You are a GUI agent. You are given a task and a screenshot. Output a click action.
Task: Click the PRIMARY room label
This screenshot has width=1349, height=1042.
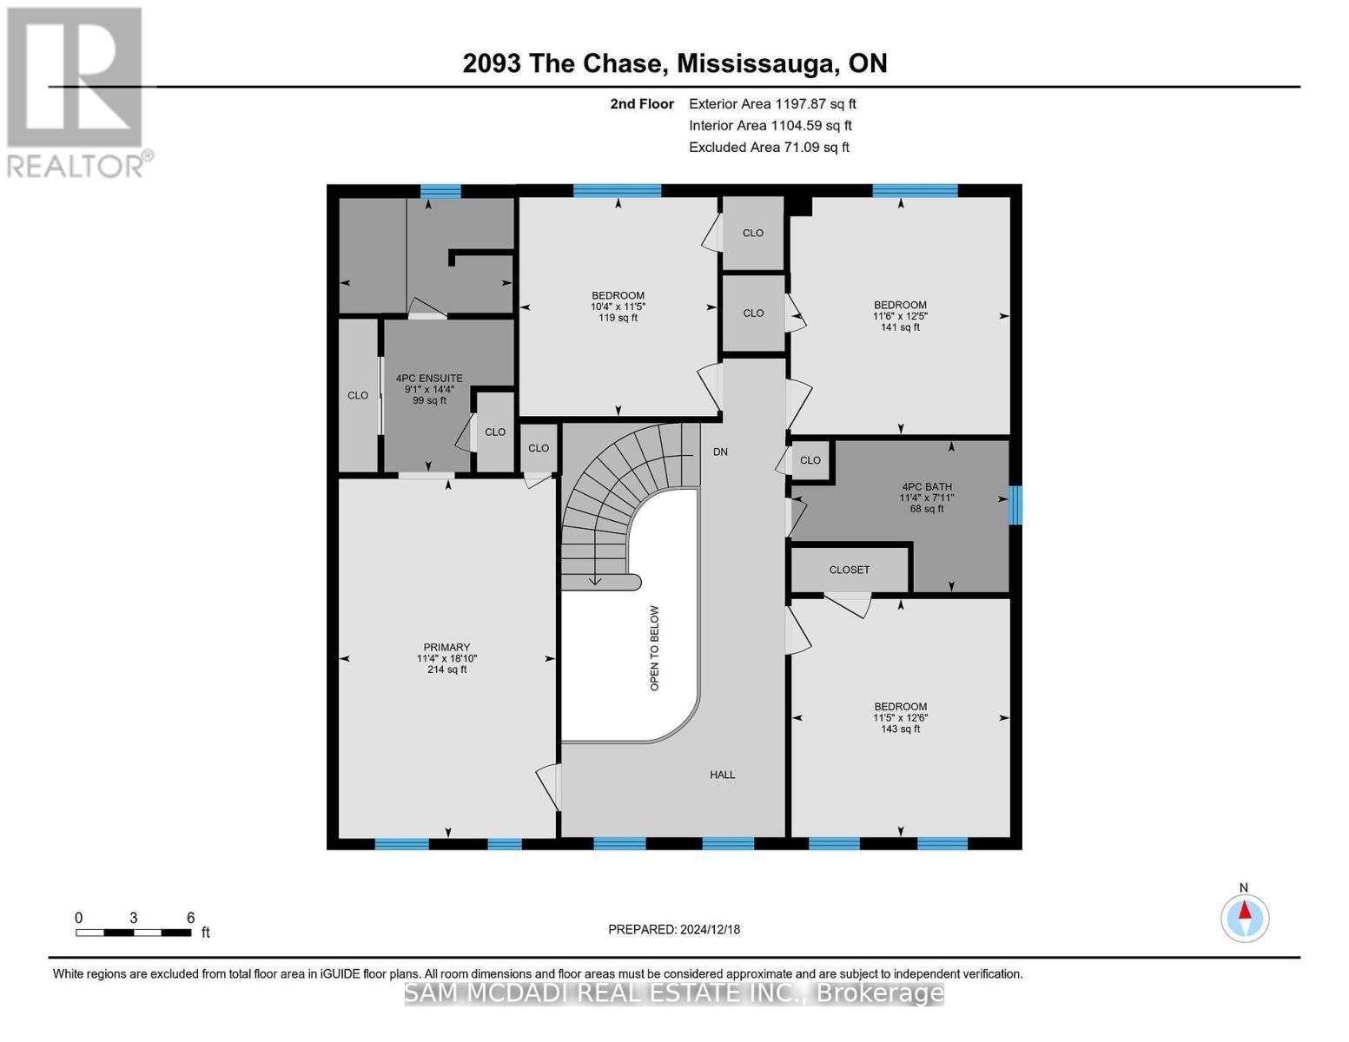pyautogui.click(x=446, y=647)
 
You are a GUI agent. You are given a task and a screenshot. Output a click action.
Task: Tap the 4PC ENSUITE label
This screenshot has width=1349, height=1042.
pyautogui.click(x=429, y=379)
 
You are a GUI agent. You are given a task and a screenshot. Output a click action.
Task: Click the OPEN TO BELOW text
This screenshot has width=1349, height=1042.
pyautogui.click(x=655, y=648)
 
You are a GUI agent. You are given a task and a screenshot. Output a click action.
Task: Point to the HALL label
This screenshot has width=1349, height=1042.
pyautogui.click(x=722, y=775)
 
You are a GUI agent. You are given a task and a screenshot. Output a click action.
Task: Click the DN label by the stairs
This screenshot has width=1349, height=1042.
pyautogui.click(x=720, y=452)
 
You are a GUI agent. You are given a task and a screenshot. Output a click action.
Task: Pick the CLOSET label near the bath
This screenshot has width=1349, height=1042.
pyautogui.click(x=849, y=570)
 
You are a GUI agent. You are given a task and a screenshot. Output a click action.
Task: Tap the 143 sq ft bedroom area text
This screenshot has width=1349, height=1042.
pyautogui.click(x=900, y=729)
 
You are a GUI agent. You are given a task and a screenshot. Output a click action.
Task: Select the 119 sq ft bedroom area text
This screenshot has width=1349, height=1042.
pyautogui.click(x=618, y=318)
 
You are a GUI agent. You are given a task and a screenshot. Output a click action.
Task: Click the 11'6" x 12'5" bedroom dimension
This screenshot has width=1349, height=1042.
pyautogui.click(x=900, y=316)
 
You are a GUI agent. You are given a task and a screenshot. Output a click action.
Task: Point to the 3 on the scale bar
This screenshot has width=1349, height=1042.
pyautogui.click(x=133, y=918)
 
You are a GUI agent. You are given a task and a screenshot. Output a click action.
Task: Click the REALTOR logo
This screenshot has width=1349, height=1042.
pyautogui.click(x=76, y=91)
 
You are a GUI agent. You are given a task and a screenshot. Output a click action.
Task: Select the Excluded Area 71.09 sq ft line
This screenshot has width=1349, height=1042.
pyautogui.click(x=769, y=148)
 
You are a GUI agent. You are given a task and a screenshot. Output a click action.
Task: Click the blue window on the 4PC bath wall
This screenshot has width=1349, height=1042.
pyautogui.click(x=1015, y=505)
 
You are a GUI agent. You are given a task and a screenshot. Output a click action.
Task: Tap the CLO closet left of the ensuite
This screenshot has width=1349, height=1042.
pyautogui.click(x=358, y=395)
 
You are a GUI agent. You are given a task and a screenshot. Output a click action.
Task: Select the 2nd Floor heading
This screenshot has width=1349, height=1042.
pyautogui.click(x=642, y=104)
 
